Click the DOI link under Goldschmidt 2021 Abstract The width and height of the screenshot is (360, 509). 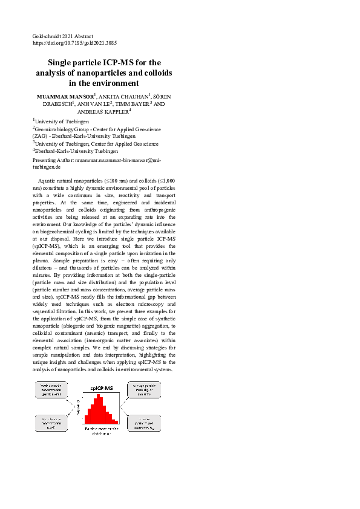pos(74,44)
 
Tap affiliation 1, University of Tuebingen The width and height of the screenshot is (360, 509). pos(59,122)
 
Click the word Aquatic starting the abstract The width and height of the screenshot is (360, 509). pos(48,180)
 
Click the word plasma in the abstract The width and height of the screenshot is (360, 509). pos(41,260)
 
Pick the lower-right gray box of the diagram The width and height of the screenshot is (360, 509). pos(144,423)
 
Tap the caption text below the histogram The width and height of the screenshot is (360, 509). pos(101,430)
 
